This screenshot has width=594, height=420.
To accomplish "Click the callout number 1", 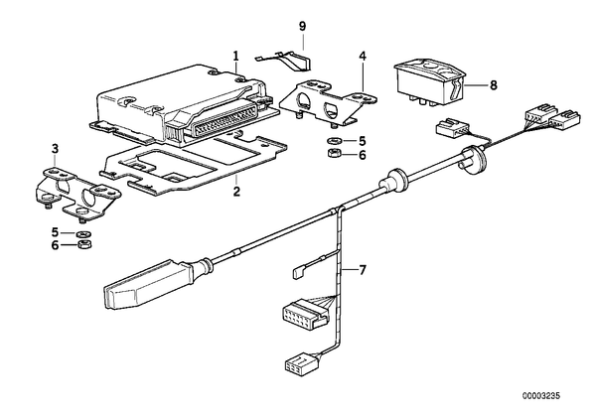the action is coord(236,57).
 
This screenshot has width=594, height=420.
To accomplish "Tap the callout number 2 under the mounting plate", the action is coord(236,191).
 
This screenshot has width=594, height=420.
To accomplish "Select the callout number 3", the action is coord(56,149).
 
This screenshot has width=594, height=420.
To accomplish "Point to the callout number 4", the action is coord(363,57).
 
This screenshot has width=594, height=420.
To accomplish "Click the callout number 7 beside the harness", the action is coord(363,270).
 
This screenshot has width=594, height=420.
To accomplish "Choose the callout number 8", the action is coord(493,85).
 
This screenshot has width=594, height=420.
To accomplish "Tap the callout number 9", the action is coord(302,26).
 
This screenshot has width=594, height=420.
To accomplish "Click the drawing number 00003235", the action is coord(541,396).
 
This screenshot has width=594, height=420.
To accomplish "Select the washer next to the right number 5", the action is coord(334,141).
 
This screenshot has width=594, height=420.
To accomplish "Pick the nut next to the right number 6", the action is coord(334,153).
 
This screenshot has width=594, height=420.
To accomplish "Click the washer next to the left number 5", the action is coord(82,233).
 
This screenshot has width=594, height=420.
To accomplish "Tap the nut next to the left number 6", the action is coord(84,244).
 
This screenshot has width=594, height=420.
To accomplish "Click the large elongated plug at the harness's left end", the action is coord(148,280).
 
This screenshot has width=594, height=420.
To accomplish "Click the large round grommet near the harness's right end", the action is coord(473,160).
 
